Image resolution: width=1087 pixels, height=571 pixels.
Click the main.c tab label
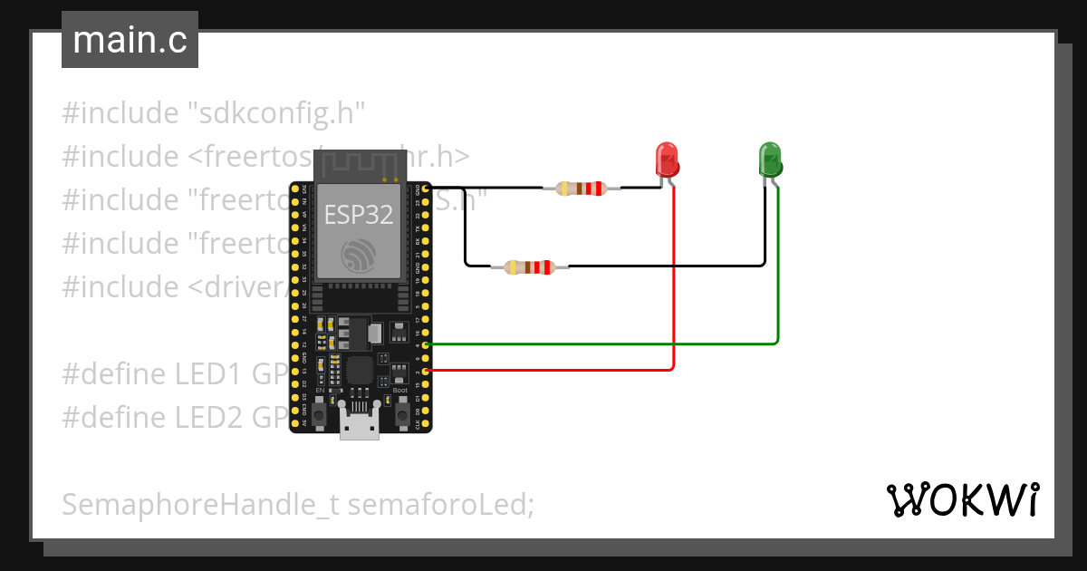coord(130,41)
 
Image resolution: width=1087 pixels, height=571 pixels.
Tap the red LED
coord(667,160)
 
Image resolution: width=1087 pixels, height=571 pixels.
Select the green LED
coord(769,160)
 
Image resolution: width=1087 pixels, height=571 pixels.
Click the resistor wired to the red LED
coord(582,189)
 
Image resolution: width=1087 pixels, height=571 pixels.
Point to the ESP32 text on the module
coord(360,215)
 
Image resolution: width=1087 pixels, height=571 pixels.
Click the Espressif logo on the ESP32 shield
coord(360,256)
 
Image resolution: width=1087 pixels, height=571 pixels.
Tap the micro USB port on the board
coord(360,425)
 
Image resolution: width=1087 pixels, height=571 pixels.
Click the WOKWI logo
coord(961,499)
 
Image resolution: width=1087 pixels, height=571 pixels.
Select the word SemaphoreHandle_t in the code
coord(200,504)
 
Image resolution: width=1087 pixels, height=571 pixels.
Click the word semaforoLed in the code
coord(439,504)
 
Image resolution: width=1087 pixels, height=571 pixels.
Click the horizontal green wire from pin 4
coord(598,344)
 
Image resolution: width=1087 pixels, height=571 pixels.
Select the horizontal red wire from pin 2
coord(543,370)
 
